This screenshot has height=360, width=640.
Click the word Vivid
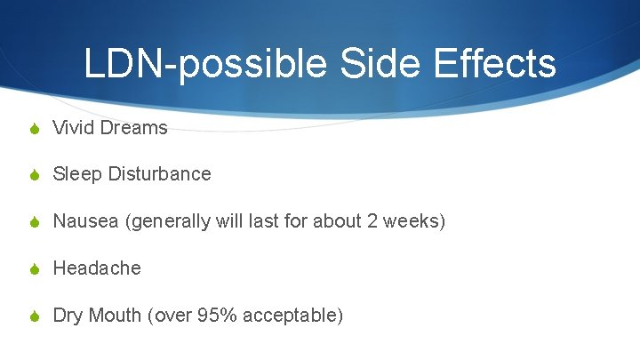(72, 128)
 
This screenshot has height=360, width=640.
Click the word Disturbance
(160, 174)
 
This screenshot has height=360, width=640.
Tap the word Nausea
(85, 221)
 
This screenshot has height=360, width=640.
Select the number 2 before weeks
(372, 221)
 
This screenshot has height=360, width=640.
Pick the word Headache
(97, 268)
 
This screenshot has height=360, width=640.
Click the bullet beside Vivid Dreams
(34, 128)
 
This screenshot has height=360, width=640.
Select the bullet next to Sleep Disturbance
(34, 174)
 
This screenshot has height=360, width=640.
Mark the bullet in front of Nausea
(34, 221)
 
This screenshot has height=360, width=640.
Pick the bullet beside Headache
(34, 268)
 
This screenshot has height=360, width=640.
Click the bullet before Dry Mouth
(34, 316)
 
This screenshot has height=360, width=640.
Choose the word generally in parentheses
(169, 221)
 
